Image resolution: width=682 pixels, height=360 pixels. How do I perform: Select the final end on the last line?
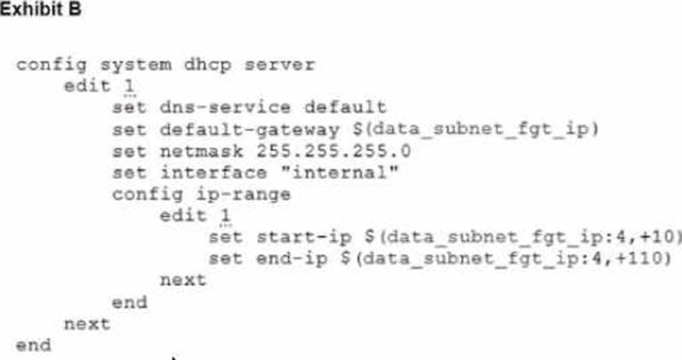click(x=33, y=345)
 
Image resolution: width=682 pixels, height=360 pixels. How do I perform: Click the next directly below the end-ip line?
click(x=182, y=280)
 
